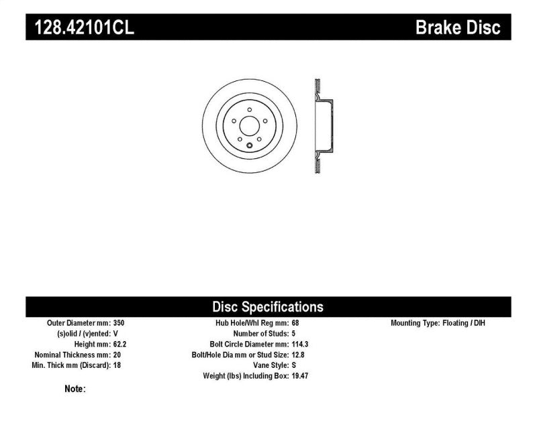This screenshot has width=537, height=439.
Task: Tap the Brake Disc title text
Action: click(458, 27)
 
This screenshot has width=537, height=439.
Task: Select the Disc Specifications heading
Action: click(268, 307)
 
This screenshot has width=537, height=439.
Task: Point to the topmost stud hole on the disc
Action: click(249, 109)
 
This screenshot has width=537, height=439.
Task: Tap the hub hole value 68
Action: click(296, 322)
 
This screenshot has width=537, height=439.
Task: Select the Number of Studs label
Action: click(260, 333)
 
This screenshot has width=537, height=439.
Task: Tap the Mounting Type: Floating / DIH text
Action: click(438, 322)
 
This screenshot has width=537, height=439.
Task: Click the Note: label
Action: click(75, 388)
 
